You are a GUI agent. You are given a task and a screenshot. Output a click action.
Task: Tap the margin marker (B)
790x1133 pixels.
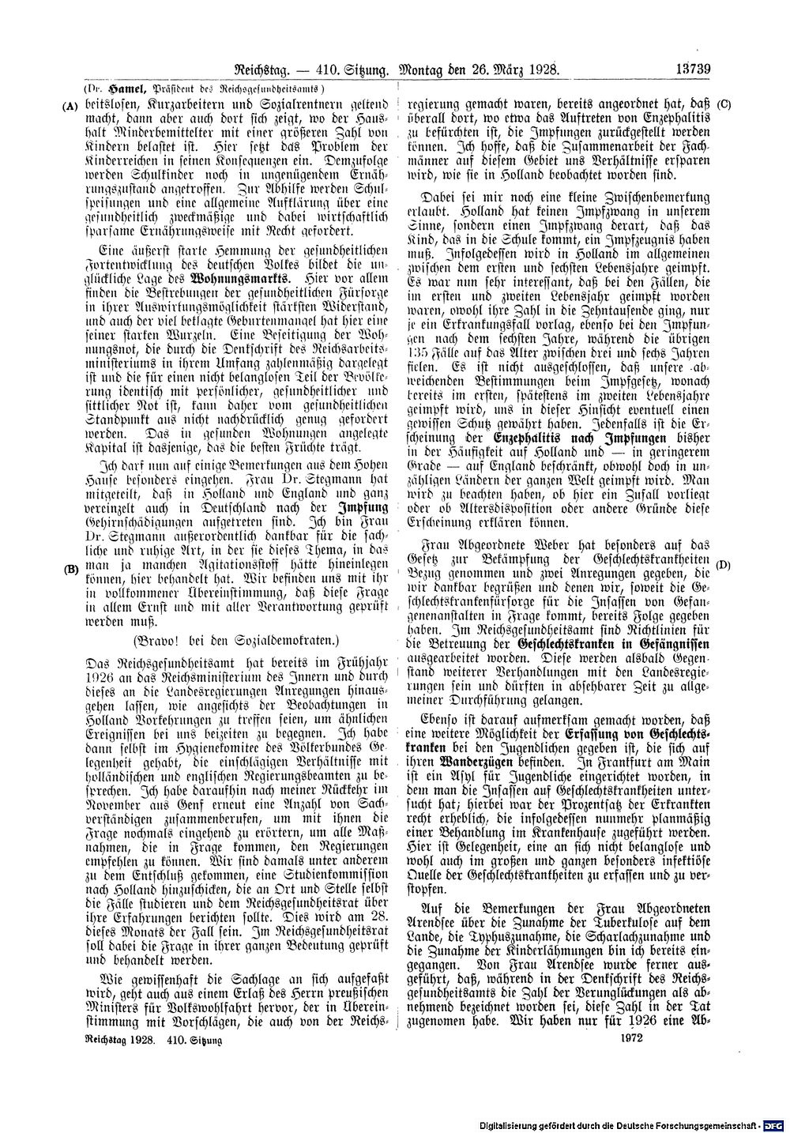point(70,569)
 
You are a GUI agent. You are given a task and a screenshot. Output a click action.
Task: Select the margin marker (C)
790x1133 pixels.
point(724,104)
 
